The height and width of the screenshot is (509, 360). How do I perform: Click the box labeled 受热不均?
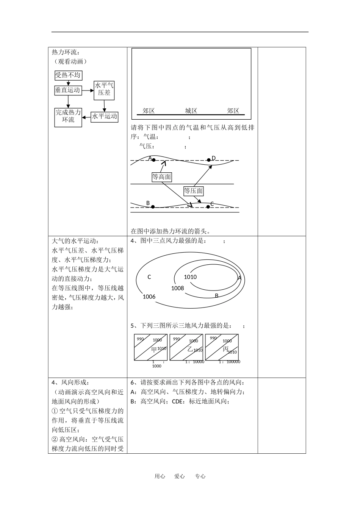pos(68,75)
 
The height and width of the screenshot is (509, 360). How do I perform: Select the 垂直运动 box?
pos(68,90)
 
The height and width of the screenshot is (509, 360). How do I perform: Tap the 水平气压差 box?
pos(104,89)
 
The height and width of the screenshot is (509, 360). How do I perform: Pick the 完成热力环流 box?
pos(68,116)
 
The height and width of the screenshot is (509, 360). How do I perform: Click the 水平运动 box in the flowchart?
pos(105,116)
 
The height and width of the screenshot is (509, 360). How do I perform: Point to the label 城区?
pos(191,111)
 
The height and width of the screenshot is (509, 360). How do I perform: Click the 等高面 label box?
pos(161,177)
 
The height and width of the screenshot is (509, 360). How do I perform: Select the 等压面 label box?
pos(193,191)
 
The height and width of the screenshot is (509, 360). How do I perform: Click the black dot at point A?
pos(153,160)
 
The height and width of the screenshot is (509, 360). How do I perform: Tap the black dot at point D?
pos(209,160)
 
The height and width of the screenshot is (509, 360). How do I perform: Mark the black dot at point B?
pos(153,207)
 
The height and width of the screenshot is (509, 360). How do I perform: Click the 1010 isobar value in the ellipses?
pos(190,277)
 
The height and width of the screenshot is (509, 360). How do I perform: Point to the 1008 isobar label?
pos(177,288)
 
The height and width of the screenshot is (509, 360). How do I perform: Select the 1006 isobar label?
pos(149,297)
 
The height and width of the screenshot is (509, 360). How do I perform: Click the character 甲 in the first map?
pos(154,349)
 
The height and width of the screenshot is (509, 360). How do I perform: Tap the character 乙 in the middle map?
pos(190,349)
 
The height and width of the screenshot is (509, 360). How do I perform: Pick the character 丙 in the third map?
pos(225,349)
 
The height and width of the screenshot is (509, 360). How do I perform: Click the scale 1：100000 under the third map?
pos(230,362)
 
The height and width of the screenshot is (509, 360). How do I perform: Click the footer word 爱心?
pos(180,476)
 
